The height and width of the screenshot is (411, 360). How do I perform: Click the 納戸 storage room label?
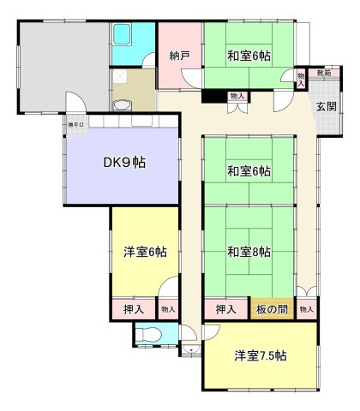tap(179, 57)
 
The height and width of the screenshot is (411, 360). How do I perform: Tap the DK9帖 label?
tap(126, 162)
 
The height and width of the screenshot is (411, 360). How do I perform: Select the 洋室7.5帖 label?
tap(260, 355)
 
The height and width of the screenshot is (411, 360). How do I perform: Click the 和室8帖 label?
tap(249, 252)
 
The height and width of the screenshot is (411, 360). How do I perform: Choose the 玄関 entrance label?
tap(326, 107)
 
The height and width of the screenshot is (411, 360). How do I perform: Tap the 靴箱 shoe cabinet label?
tap(321, 74)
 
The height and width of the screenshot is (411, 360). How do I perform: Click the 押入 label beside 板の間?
tap(225, 308)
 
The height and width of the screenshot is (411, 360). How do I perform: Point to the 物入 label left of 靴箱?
tap(300, 79)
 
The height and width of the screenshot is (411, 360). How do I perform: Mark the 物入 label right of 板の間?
tap(306, 308)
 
